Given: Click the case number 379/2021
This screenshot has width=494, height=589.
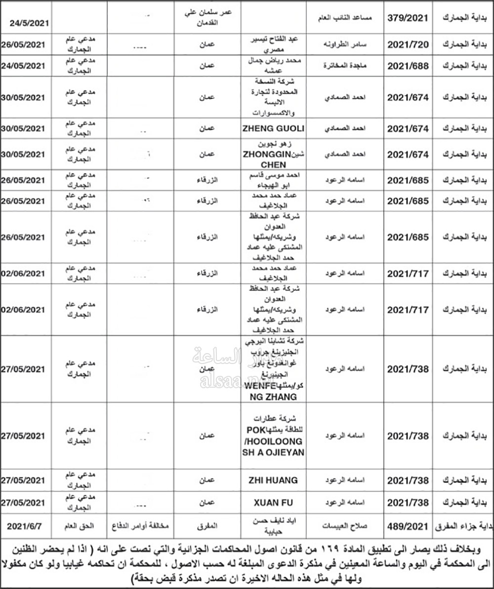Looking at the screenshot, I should coord(405,18).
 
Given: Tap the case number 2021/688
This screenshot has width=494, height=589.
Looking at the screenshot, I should coord(405,65).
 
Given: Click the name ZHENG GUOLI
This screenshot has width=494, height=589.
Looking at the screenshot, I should coord(273,129).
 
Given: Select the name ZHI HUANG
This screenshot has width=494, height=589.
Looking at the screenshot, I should coord(273,480).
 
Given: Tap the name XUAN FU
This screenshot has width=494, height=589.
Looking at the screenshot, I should coord(273,503).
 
